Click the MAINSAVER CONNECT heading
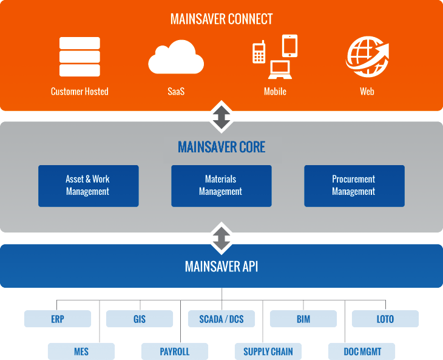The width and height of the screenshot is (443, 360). [221, 19]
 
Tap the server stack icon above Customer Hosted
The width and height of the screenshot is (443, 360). [79, 56]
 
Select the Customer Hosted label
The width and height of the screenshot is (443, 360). [79, 92]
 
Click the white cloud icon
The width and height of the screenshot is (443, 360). [176, 58]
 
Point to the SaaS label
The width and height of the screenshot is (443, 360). [176, 92]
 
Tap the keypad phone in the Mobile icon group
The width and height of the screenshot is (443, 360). [259, 52]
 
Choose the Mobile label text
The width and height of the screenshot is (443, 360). [275, 92]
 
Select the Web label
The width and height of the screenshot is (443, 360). [367, 92]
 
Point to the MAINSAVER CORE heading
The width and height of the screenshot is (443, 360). [221, 148]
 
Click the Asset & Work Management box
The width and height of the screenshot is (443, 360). [88, 186]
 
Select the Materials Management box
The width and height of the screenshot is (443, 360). [221, 186]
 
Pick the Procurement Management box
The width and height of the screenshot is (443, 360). [354, 186]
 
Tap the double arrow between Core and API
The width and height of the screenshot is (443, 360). [221, 237]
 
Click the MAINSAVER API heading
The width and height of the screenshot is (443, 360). [221, 267]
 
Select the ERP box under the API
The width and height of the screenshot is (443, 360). [58, 319]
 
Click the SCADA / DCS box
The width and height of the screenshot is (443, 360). [221, 319]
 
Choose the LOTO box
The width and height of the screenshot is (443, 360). [385, 319]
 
